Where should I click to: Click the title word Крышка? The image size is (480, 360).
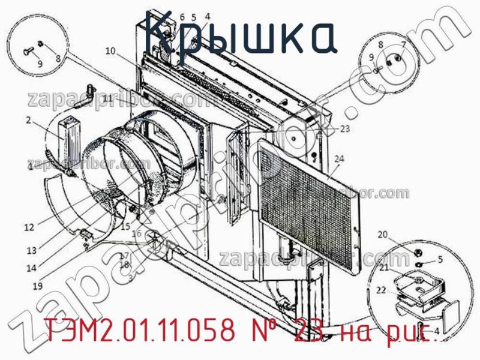241,37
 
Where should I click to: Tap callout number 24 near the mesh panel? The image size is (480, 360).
340,159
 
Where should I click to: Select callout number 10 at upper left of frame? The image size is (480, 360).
110,51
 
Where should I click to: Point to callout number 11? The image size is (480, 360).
107,98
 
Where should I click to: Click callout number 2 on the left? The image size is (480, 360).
28,121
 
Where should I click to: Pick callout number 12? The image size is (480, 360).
29,227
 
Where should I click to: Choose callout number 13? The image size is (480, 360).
32,250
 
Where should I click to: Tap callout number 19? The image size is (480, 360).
37,287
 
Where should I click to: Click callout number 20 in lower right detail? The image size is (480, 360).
382,235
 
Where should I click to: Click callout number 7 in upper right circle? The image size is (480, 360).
404,44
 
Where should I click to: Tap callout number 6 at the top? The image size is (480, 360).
182,17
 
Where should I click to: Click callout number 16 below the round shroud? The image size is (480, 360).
137,233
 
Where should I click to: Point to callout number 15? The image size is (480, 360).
125,227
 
